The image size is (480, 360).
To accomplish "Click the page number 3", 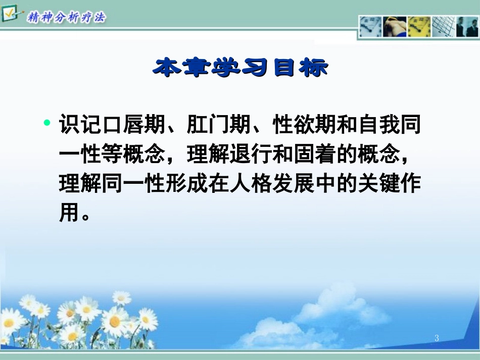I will pyautogui.click(x=437, y=338).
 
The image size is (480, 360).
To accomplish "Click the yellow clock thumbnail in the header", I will pyautogui.click(x=418, y=27).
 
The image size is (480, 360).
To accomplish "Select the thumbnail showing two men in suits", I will pyautogui.click(x=467, y=27).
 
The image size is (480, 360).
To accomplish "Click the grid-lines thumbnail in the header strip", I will pyautogui.click(x=443, y=27).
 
